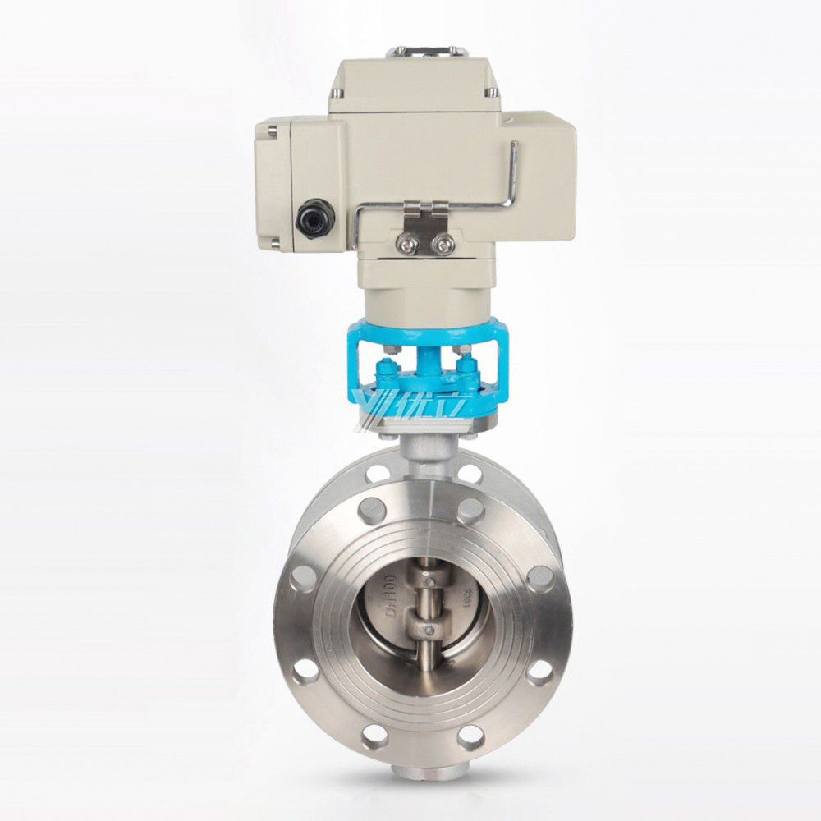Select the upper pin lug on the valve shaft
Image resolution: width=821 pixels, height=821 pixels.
click(426, 580)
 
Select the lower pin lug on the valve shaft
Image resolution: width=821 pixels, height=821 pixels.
click(426, 631)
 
